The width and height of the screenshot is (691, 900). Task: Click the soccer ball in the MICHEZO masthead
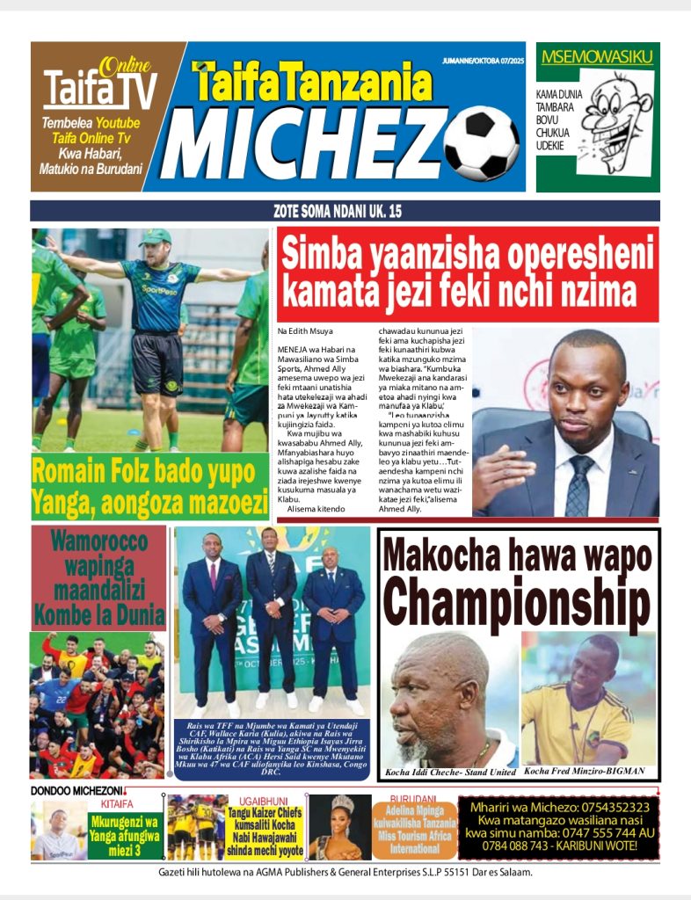click(482, 143)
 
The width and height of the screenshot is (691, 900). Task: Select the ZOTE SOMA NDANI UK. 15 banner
click(345, 211)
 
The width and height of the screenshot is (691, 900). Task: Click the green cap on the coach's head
click(154, 237)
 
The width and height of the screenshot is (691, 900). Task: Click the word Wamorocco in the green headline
click(98, 541)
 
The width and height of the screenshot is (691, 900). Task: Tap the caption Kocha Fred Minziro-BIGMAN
click(584, 772)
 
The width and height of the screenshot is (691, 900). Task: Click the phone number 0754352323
click(608, 808)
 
